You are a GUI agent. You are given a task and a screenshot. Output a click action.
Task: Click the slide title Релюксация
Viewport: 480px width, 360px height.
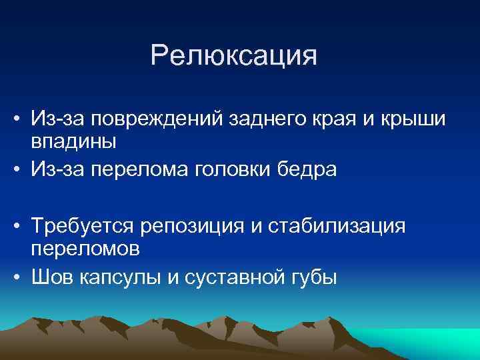point(233,56)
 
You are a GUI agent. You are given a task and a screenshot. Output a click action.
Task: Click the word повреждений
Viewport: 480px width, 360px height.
point(160,119)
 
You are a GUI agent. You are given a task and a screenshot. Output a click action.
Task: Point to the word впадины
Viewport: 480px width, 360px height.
point(73,141)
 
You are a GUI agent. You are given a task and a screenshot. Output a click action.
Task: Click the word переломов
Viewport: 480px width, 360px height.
point(85,249)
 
